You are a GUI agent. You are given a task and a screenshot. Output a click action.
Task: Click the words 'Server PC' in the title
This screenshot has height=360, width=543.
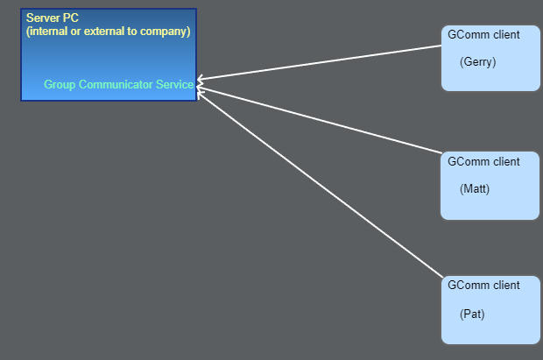[53, 18]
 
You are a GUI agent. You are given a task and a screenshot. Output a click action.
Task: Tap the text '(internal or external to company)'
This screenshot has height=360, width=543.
[108, 32]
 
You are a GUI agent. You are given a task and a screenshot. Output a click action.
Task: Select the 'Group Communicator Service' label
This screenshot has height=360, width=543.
[118, 85]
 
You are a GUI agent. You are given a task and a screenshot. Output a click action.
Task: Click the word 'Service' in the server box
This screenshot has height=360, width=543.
[173, 85]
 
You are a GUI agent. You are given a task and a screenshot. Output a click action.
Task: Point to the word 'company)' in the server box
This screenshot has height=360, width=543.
[167, 32]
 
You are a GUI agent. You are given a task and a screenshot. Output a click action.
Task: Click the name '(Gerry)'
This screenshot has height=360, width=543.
[477, 62]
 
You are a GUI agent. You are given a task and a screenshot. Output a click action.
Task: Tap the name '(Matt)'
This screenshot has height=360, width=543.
[475, 189]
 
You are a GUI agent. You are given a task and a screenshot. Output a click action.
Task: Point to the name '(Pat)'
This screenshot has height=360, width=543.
[472, 314]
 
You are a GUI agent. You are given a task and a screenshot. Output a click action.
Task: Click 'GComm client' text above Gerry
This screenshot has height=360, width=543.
[483, 36]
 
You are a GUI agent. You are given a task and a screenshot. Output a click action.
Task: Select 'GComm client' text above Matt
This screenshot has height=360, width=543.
[483, 162]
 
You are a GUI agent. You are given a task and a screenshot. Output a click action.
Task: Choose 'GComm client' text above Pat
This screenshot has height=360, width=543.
[483, 286]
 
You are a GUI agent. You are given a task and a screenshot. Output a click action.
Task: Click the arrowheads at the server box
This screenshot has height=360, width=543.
[201, 84]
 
